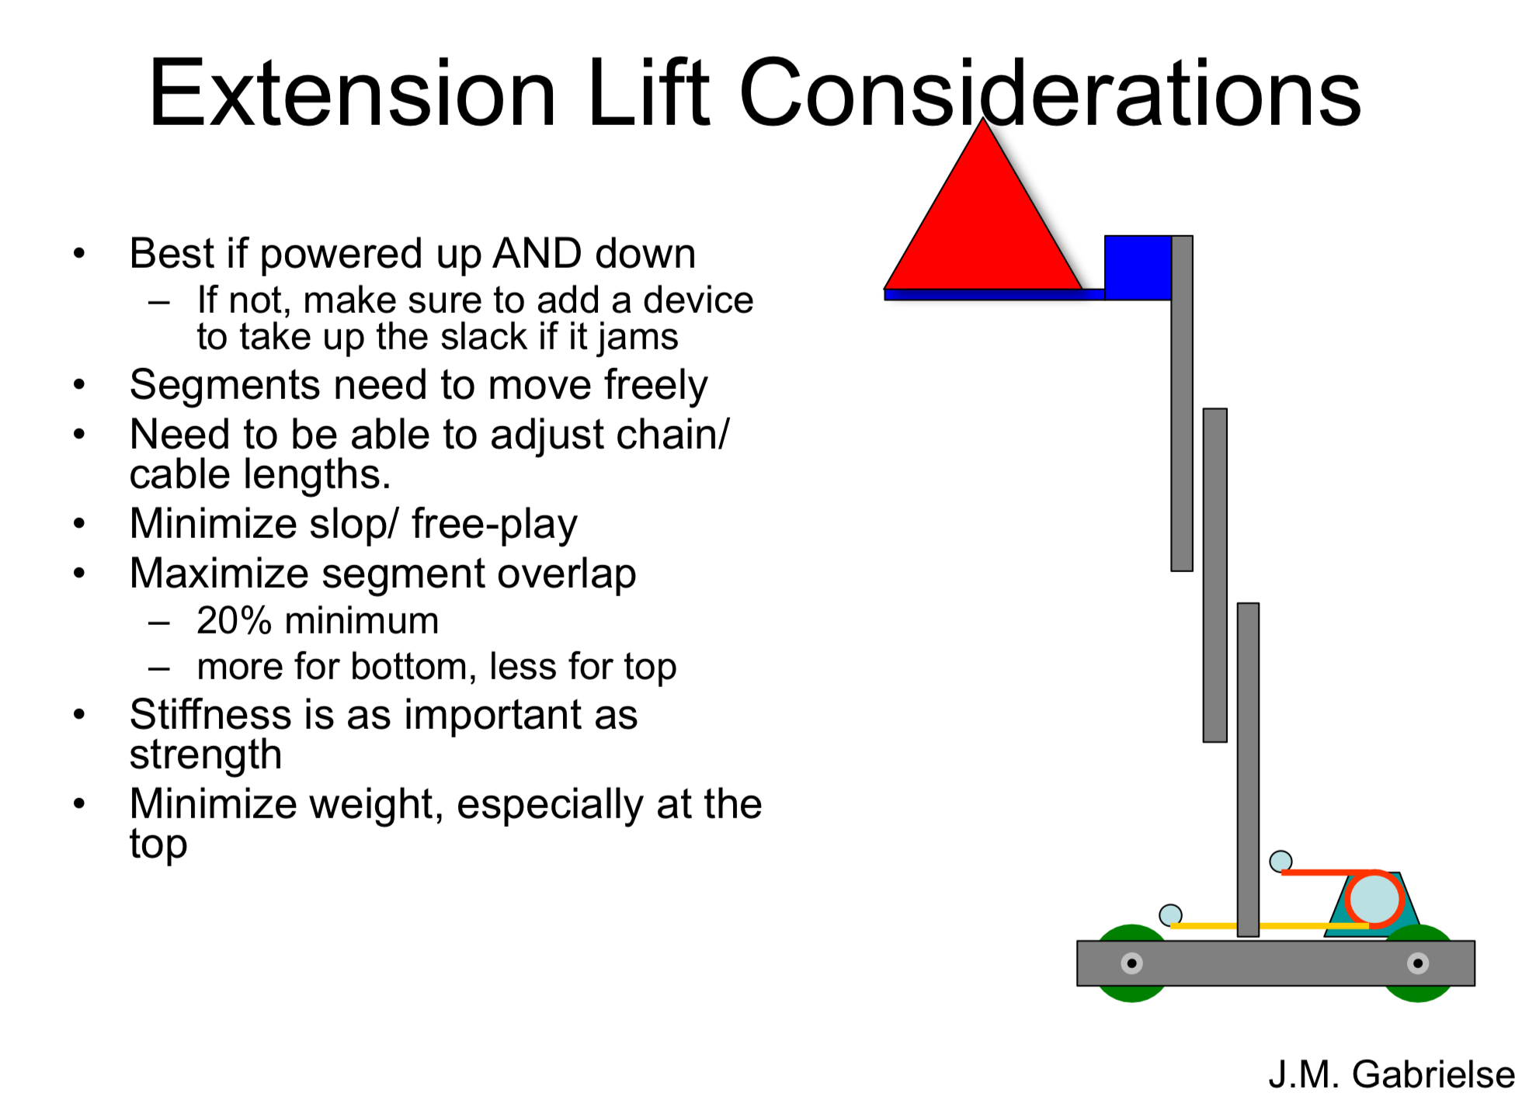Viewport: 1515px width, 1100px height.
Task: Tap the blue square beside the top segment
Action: pyautogui.click(x=1138, y=268)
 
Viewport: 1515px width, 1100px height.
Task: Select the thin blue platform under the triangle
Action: pyautogui.click(x=994, y=295)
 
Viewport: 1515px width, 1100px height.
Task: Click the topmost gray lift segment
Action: pyautogui.click(x=1182, y=404)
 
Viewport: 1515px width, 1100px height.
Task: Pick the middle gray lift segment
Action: pyautogui.click(x=1215, y=575)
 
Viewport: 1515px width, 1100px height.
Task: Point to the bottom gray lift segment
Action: pyautogui.click(x=1248, y=769)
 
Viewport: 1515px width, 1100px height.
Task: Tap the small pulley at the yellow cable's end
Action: pyautogui.click(x=1170, y=915)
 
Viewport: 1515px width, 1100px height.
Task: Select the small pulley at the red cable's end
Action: pyautogui.click(x=1280, y=861)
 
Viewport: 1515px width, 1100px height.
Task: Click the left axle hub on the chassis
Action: pyautogui.click(x=1131, y=963)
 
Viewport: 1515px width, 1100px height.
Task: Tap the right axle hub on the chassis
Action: pyautogui.click(x=1418, y=963)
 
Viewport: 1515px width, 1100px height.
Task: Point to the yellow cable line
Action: pyautogui.click(x=1270, y=926)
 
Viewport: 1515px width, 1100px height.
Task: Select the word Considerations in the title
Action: pyautogui.click(x=1050, y=93)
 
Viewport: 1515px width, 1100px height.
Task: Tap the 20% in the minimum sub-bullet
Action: pyautogui.click(x=235, y=621)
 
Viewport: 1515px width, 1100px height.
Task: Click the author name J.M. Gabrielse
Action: pyautogui.click(x=1392, y=1074)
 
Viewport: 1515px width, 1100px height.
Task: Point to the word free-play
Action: pyautogui.click(x=495, y=524)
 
